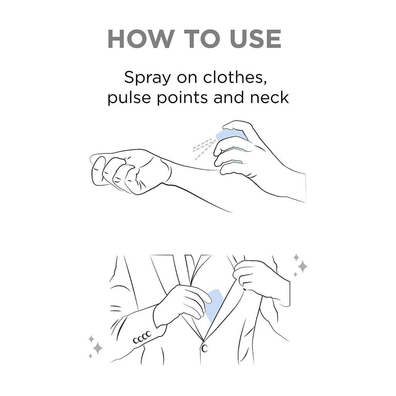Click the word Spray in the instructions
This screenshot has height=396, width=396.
[147, 78]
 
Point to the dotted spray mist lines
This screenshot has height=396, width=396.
[203, 149]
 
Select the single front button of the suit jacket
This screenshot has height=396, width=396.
[205, 348]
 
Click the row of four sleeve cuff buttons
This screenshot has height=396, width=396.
[142, 337]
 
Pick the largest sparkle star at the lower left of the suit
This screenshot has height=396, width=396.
[97, 348]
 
